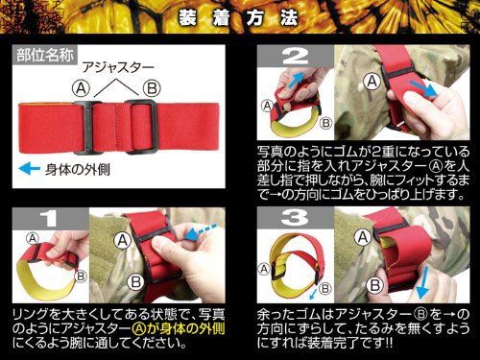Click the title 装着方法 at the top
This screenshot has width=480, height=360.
point(240,17)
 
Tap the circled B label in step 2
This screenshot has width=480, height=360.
point(324,122)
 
